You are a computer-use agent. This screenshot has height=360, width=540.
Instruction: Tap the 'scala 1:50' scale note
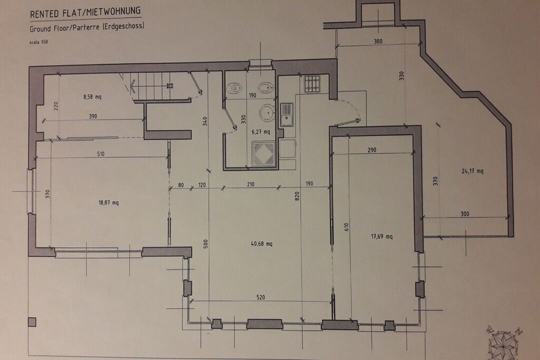pos(38,42)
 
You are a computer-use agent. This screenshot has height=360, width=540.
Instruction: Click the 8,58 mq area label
pos(92,97)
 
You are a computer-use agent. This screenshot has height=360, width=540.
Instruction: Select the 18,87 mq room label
pos(108,202)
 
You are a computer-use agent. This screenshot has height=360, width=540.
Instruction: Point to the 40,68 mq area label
pos(261,243)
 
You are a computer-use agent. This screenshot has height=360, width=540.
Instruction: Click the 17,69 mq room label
pos(381,236)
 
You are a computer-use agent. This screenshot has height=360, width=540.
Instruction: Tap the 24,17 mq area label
pos(472,171)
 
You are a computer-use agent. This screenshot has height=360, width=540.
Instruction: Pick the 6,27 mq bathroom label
pos(260,131)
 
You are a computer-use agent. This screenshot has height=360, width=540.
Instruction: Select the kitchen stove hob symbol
pos(312,84)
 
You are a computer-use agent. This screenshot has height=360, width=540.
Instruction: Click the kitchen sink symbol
pos(286,114)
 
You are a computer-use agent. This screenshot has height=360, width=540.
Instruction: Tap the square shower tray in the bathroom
pos(263,153)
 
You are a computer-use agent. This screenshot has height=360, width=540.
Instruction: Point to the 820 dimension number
pos(297,196)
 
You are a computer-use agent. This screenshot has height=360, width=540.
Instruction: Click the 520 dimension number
pos(260,297)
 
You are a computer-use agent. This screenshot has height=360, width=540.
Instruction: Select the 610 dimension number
pos(346,226)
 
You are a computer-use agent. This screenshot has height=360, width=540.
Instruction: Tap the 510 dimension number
pos(100,153)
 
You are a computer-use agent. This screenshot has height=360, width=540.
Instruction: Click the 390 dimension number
pos(93,116)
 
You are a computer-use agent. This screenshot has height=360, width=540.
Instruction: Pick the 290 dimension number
pos(371,150)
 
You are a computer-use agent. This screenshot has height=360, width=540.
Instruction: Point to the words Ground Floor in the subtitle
pos(49,28)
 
